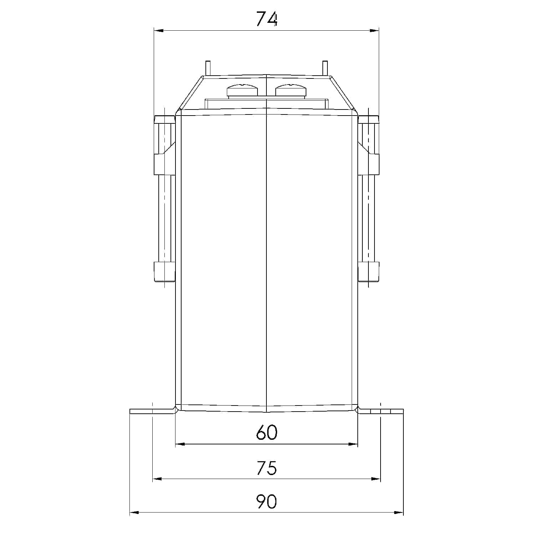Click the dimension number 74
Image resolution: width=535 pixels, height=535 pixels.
[x=266, y=19]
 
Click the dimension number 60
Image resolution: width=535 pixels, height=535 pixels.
[x=266, y=433]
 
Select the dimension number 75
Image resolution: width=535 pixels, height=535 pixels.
[x=266, y=468]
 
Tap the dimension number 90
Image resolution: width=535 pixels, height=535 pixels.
[x=266, y=502]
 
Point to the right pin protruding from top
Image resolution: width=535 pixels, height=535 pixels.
[x=325, y=68]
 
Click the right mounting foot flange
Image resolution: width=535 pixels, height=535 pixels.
[x=381, y=411]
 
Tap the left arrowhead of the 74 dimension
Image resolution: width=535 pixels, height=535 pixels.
[x=158, y=31]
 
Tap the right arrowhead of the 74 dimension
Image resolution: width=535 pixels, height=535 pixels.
[x=374, y=31]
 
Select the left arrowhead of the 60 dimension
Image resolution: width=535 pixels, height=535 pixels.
[x=180, y=444]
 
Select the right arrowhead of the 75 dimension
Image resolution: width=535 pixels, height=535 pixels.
[x=376, y=479]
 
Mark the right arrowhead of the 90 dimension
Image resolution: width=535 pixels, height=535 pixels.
[x=398, y=513]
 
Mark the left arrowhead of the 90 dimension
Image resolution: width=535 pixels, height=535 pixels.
[x=134, y=513]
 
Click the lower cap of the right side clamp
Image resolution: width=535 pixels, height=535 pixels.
[x=369, y=272]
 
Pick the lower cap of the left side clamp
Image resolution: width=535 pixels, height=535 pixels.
[x=164, y=272]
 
